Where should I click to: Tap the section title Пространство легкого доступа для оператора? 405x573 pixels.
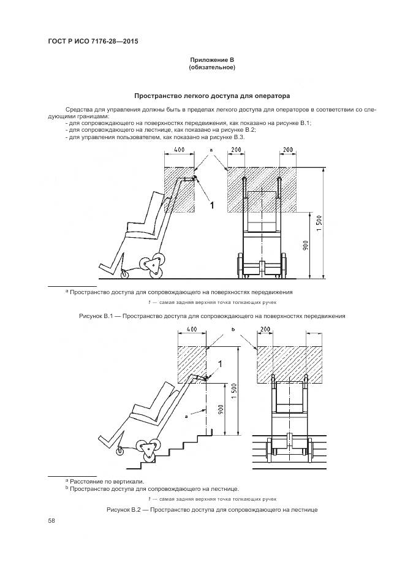(x=212, y=96)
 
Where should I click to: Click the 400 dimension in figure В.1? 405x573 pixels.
(x=179, y=150)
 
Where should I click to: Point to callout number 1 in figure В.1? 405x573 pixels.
(x=213, y=205)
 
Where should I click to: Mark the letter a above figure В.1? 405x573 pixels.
(x=211, y=150)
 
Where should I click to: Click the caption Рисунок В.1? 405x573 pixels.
(x=212, y=316)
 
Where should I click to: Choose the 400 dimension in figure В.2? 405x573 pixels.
(x=192, y=330)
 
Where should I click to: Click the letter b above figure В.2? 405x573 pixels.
(x=233, y=330)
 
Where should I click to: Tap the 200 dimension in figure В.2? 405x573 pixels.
(x=265, y=330)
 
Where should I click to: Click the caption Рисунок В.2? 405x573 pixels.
(x=212, y=509)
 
